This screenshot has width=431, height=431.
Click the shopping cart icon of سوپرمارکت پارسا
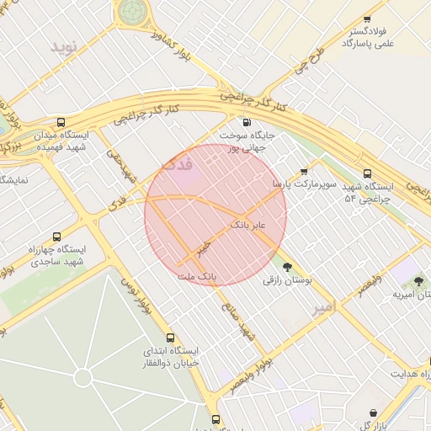[x=304, y=171]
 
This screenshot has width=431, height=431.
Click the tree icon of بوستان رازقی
[x=288, y=267]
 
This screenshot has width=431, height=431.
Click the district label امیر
[x=324, y=309]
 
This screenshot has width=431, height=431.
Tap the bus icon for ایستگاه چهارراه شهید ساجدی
[x=56, y=237]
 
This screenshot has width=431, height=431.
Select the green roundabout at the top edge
[x=131, y=11]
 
